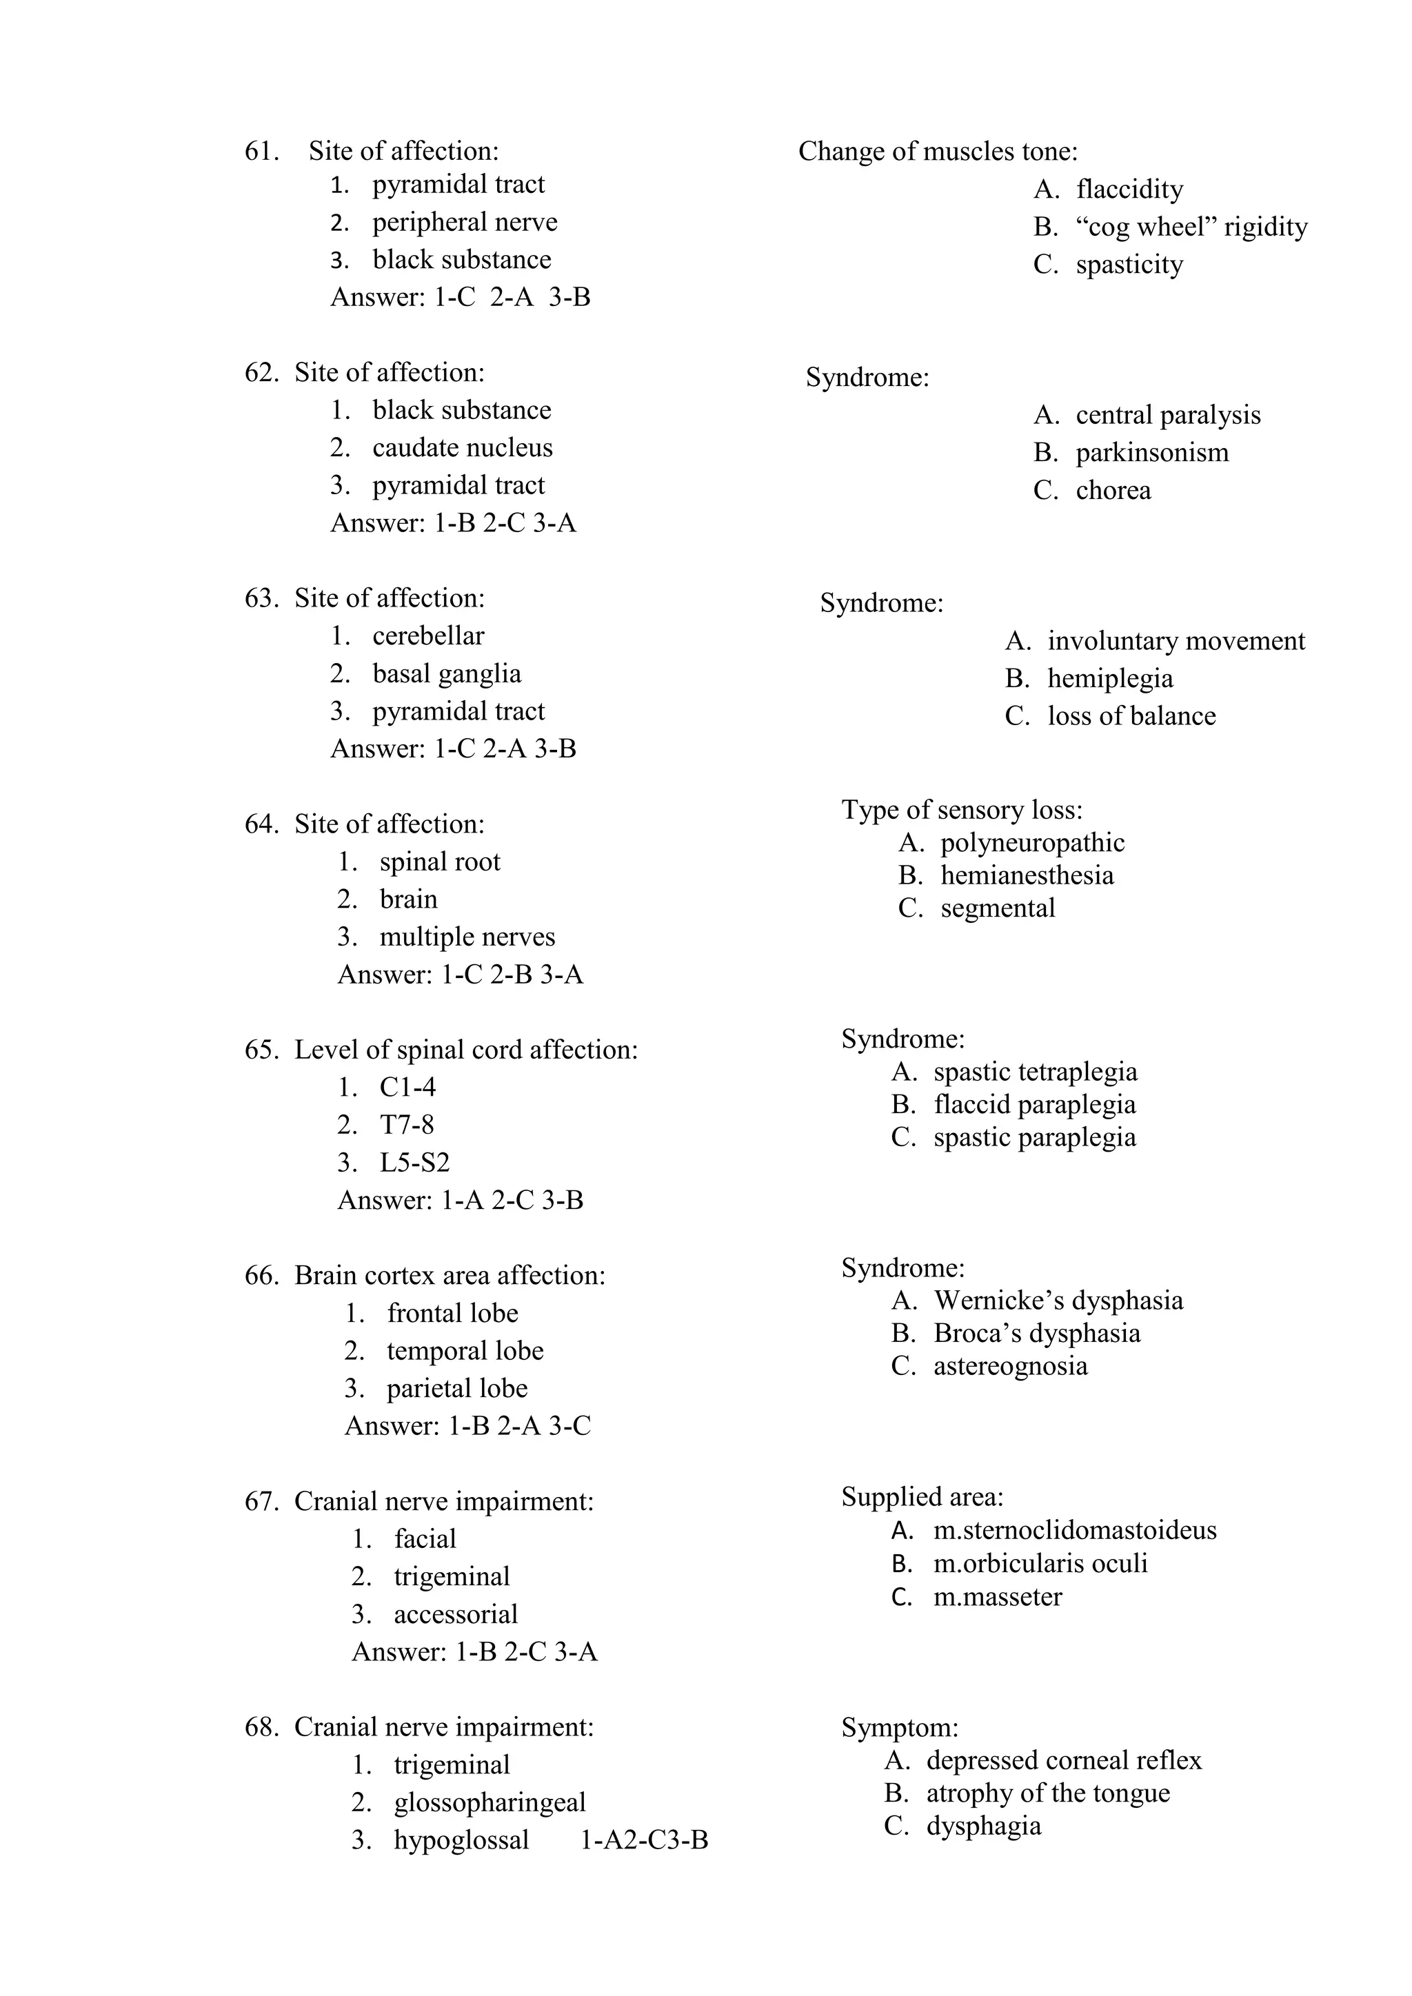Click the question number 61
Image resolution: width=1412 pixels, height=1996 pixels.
pos(261,151)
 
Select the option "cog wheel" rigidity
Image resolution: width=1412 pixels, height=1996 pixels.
pos(1191,227)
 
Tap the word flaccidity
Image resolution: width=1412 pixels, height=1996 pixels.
pos(1129,190)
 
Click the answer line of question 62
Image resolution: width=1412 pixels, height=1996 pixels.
pos(453,523)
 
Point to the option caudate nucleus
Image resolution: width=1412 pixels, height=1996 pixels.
pos(463,448)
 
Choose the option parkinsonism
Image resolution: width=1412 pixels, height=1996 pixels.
pos(1152,453)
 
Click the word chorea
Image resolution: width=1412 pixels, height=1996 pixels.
pos(1113,490)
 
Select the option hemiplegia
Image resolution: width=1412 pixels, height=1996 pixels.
pos(1110,678)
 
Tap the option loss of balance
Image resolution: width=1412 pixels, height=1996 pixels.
pos(1131,716)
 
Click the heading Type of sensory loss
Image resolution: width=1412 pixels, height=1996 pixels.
pos(962,811)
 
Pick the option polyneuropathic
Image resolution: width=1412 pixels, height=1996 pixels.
pos(1032,842)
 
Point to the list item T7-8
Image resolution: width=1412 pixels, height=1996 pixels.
pos(407,1125)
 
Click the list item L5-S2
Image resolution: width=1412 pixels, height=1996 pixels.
pos(415,1162)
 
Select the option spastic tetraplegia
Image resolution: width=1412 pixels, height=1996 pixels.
pos(1035,1072)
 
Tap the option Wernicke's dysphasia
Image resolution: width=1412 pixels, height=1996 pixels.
pos(1058,1301)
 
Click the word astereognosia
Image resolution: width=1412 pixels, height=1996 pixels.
pos(1010,1366)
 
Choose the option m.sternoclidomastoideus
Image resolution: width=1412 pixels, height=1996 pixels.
pos(1075,1530)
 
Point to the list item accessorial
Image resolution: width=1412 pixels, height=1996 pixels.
pos(456,1614)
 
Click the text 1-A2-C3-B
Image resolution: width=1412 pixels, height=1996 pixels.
pos(643,1840)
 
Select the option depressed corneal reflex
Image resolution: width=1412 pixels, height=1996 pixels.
pos(1063,1760)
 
